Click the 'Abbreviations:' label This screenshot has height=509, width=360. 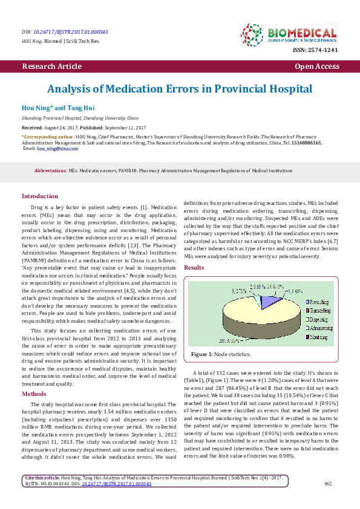[51, 172]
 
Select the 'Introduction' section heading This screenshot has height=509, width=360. [40, 196]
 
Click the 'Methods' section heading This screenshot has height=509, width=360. [34, 394]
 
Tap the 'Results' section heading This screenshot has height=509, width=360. [194, 267]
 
